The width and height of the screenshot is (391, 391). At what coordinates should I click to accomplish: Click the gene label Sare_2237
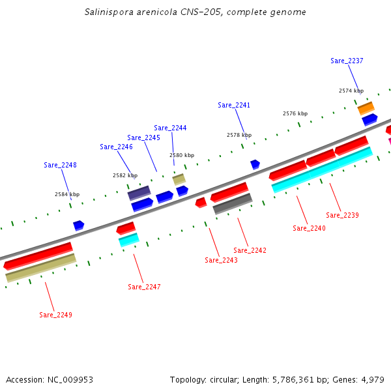[347, 61]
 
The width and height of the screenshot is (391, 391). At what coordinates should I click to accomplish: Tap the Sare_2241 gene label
[234, 105]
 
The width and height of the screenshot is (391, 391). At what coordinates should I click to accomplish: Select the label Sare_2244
[170, 128]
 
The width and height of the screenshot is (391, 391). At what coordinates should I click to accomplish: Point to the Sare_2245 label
[143, 138]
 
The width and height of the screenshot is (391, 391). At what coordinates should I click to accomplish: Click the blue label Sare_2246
[116, 147]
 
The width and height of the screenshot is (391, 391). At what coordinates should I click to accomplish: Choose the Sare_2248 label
[60, 165]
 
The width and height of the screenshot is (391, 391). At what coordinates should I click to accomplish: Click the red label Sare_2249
[55, 315]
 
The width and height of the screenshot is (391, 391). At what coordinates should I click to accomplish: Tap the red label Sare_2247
[144, 287]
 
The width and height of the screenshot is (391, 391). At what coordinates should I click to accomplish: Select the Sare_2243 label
[221, 260]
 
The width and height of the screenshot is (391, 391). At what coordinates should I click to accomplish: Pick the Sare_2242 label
[250, 250]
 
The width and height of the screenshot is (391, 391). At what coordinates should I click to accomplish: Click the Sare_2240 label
[309, 228]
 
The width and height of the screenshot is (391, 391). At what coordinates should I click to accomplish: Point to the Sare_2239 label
[342, 215]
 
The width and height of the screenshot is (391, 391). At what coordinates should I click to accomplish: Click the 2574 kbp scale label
[351, 91]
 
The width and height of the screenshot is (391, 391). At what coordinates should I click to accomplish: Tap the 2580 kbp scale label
[182, 155]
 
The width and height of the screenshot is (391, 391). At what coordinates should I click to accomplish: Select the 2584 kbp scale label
[67, 194]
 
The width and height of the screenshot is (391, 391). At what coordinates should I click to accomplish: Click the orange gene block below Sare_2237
[366, 108]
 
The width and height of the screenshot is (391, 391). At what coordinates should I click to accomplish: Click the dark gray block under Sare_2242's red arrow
[233, 203]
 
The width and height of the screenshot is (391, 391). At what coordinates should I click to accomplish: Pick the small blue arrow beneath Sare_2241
[255, 164]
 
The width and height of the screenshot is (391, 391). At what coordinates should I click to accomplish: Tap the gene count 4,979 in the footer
[372, 379]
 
